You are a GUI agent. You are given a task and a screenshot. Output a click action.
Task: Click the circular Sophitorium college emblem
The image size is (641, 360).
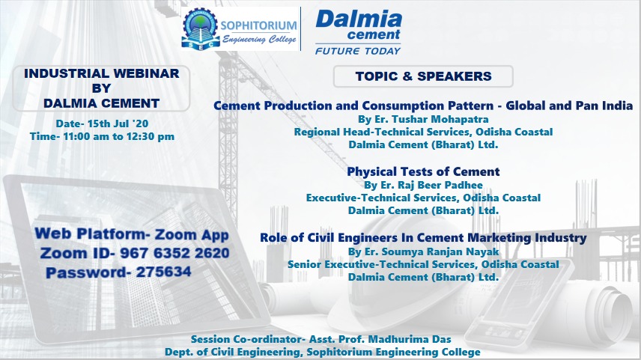(x=201, y=28)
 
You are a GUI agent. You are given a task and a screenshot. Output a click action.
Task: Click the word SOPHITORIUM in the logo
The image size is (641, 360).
(x=259, y=25)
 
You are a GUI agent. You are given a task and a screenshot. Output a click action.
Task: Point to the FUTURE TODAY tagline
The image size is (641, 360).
(x=358, y=51)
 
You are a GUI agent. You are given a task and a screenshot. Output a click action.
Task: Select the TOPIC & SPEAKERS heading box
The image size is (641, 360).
(x=423, y=76)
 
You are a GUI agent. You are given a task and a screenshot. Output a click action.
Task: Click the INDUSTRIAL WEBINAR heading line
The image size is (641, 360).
(x=101, y=73)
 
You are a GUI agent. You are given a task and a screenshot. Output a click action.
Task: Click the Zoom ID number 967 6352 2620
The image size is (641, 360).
(x=174, y=253)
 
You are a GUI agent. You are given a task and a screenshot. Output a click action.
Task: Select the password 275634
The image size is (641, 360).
(x=163, y=272)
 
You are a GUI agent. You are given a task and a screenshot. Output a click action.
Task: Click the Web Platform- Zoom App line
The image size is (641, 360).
(x=132, y=234)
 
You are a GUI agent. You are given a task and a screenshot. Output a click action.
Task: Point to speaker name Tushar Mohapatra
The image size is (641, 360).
(x=440, y=119)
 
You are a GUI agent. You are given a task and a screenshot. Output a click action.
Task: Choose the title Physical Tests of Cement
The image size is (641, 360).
(x=423, y=171)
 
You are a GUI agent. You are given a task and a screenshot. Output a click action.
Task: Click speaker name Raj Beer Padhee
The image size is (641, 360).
(x=440, y=185)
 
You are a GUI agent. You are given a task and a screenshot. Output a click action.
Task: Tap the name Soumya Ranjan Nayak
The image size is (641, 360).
(x=440, y=251)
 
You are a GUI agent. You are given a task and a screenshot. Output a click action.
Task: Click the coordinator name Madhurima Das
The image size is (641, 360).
(x=410, y=339)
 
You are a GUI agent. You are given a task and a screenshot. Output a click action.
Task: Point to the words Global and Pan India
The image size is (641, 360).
(x=569, y=106)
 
